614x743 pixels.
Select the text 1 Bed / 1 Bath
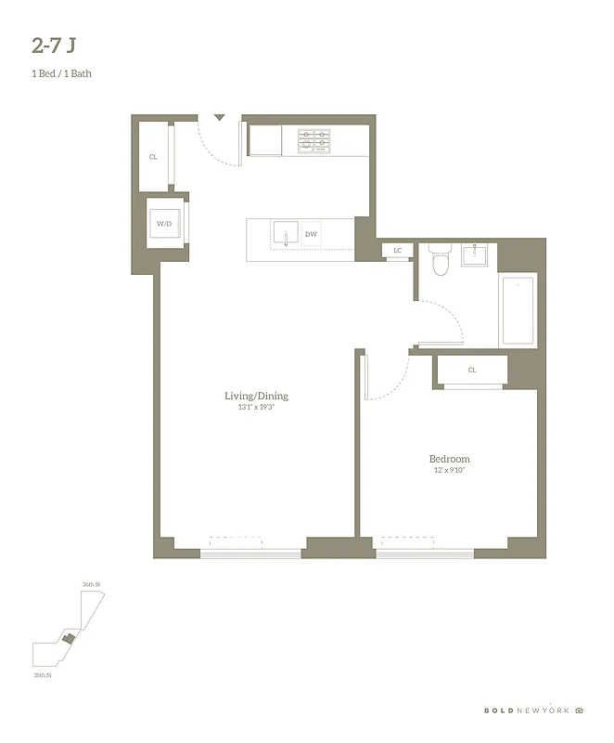61,73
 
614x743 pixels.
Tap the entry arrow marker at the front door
219,118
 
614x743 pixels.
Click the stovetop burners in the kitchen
313,140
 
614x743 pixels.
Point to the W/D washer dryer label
163,225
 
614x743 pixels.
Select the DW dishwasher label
312,234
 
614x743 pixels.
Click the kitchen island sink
285,233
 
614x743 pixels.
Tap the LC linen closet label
397,251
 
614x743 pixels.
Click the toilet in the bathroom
441,261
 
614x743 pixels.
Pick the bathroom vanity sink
480,254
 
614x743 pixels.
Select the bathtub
518,310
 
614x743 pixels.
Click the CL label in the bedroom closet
472,370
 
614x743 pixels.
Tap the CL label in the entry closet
153,157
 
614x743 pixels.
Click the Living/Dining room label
255,396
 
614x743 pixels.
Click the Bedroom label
449,459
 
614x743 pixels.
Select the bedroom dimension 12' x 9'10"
449,471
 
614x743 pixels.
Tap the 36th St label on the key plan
90,584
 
